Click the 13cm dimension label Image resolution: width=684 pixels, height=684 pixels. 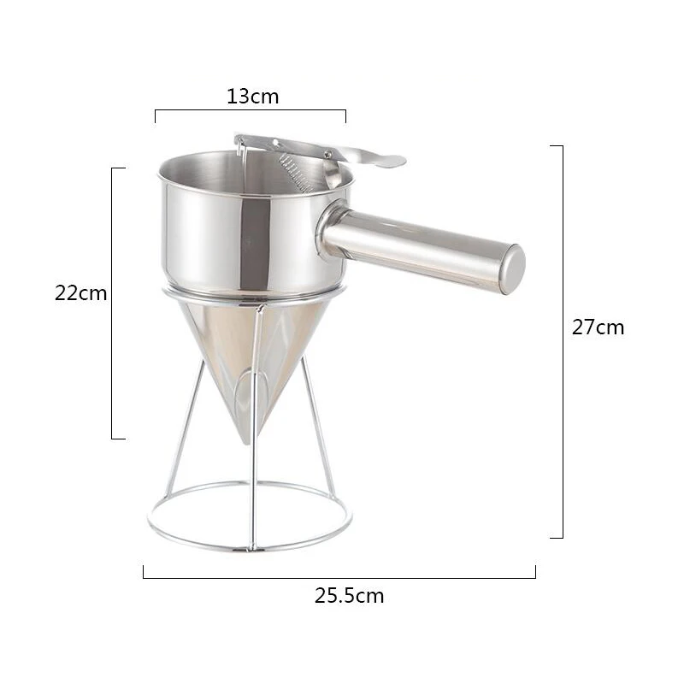[x=252, y=97]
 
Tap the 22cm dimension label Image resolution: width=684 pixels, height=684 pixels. [x=80, y=293]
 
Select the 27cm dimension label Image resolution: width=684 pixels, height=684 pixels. [x=598, y=327]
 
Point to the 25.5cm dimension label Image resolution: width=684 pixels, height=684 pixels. [x=350, y=595]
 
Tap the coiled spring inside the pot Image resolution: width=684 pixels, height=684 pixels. [x=297, y=173]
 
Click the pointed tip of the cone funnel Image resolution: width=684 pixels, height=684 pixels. [x=247, y=441]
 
